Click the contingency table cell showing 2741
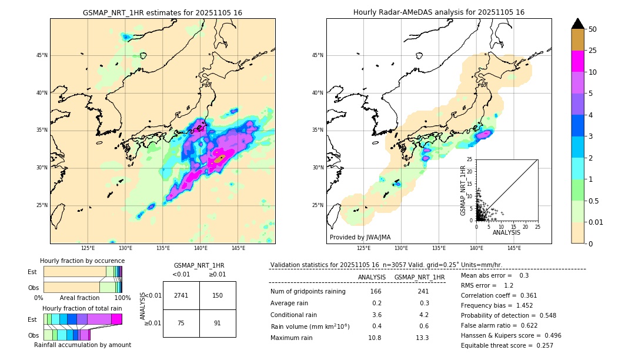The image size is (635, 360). tap(181, 295)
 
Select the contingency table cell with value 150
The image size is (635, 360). tap(218, 295)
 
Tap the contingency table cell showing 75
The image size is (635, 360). tap(181, 323)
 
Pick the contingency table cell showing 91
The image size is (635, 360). tap(218, 323)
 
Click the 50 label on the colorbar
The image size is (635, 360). tap(593, 29)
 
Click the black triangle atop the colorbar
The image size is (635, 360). tap(578, 24)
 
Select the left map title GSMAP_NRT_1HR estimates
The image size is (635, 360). tap(162, 12)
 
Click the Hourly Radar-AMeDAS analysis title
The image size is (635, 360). tap(439, 12)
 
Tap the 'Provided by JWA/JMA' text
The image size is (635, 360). tap(360, 237)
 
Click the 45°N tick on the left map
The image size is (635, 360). tap(42, 55)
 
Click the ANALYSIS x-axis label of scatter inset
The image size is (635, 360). tap(506, 232)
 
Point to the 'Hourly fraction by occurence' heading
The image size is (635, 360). tap(82, 261)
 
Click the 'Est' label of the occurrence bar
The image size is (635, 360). tap(32, 272)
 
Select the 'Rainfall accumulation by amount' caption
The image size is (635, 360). tap(82, 345)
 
